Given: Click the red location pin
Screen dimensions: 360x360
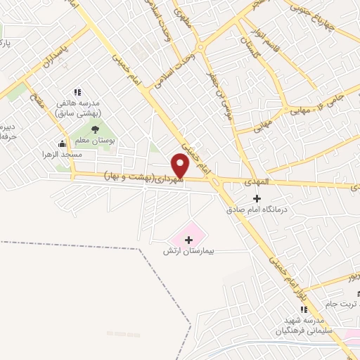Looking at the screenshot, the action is pos(181,166).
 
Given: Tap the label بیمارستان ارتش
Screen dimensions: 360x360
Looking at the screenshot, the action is pos(188,251).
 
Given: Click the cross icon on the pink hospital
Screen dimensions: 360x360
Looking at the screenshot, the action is pos(188,240).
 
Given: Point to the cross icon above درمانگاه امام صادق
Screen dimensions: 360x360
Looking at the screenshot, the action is pos(257,199).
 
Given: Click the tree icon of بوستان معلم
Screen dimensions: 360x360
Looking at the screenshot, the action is pos(94,129).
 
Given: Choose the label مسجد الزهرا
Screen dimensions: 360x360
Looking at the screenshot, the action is pos(62,154).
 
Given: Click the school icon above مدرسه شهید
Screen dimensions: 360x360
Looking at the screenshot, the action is pos(303,310).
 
